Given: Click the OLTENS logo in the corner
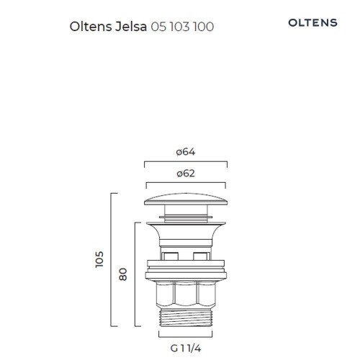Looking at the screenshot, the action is tap(312, 23).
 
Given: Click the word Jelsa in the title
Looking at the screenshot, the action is tap(131, 27).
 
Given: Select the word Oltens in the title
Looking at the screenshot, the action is tap(91, 27).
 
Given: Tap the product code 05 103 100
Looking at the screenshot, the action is tap(182, 27).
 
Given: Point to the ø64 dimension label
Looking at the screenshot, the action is tap(186, 152).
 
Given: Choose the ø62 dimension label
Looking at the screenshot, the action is tap(186, 174).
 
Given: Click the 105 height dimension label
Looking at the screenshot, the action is tap(99, 259).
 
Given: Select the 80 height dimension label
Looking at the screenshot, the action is tap(123, 274).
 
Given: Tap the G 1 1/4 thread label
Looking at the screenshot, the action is tap(186, 348).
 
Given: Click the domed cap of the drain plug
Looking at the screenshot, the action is tap(186, 199).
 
